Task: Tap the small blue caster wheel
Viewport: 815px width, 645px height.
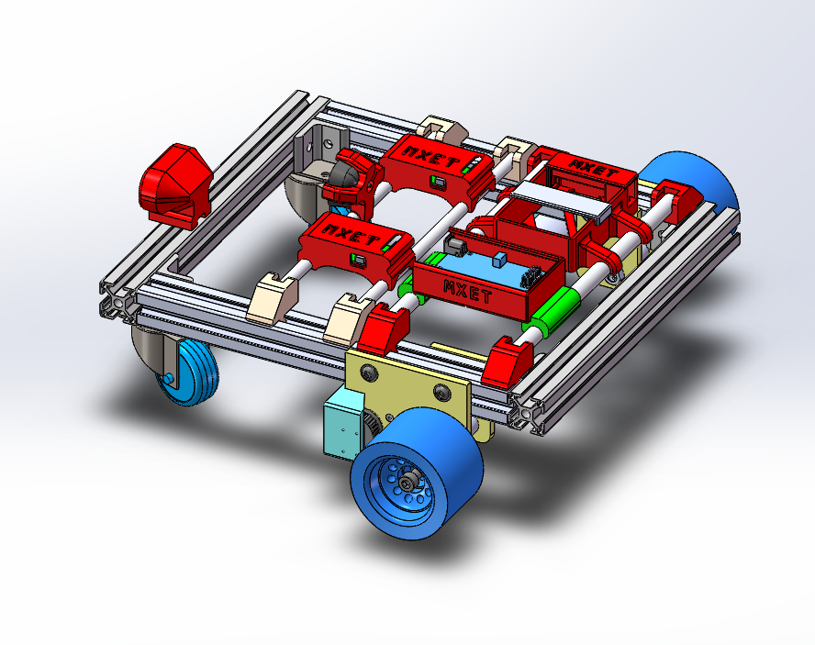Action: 188,369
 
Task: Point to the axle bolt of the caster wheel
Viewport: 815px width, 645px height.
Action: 170,378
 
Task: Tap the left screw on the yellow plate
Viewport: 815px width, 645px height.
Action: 369,371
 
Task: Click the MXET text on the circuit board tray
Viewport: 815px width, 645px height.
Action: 468,292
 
